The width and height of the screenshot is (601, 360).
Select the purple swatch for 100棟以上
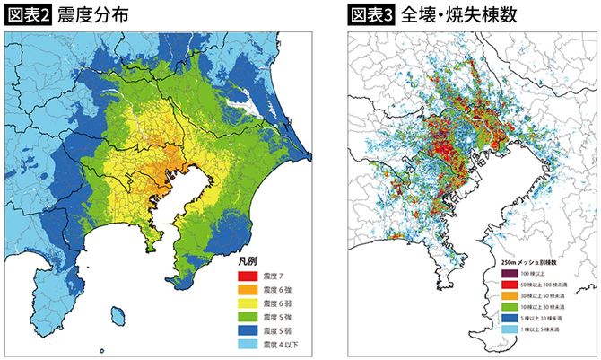508,272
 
